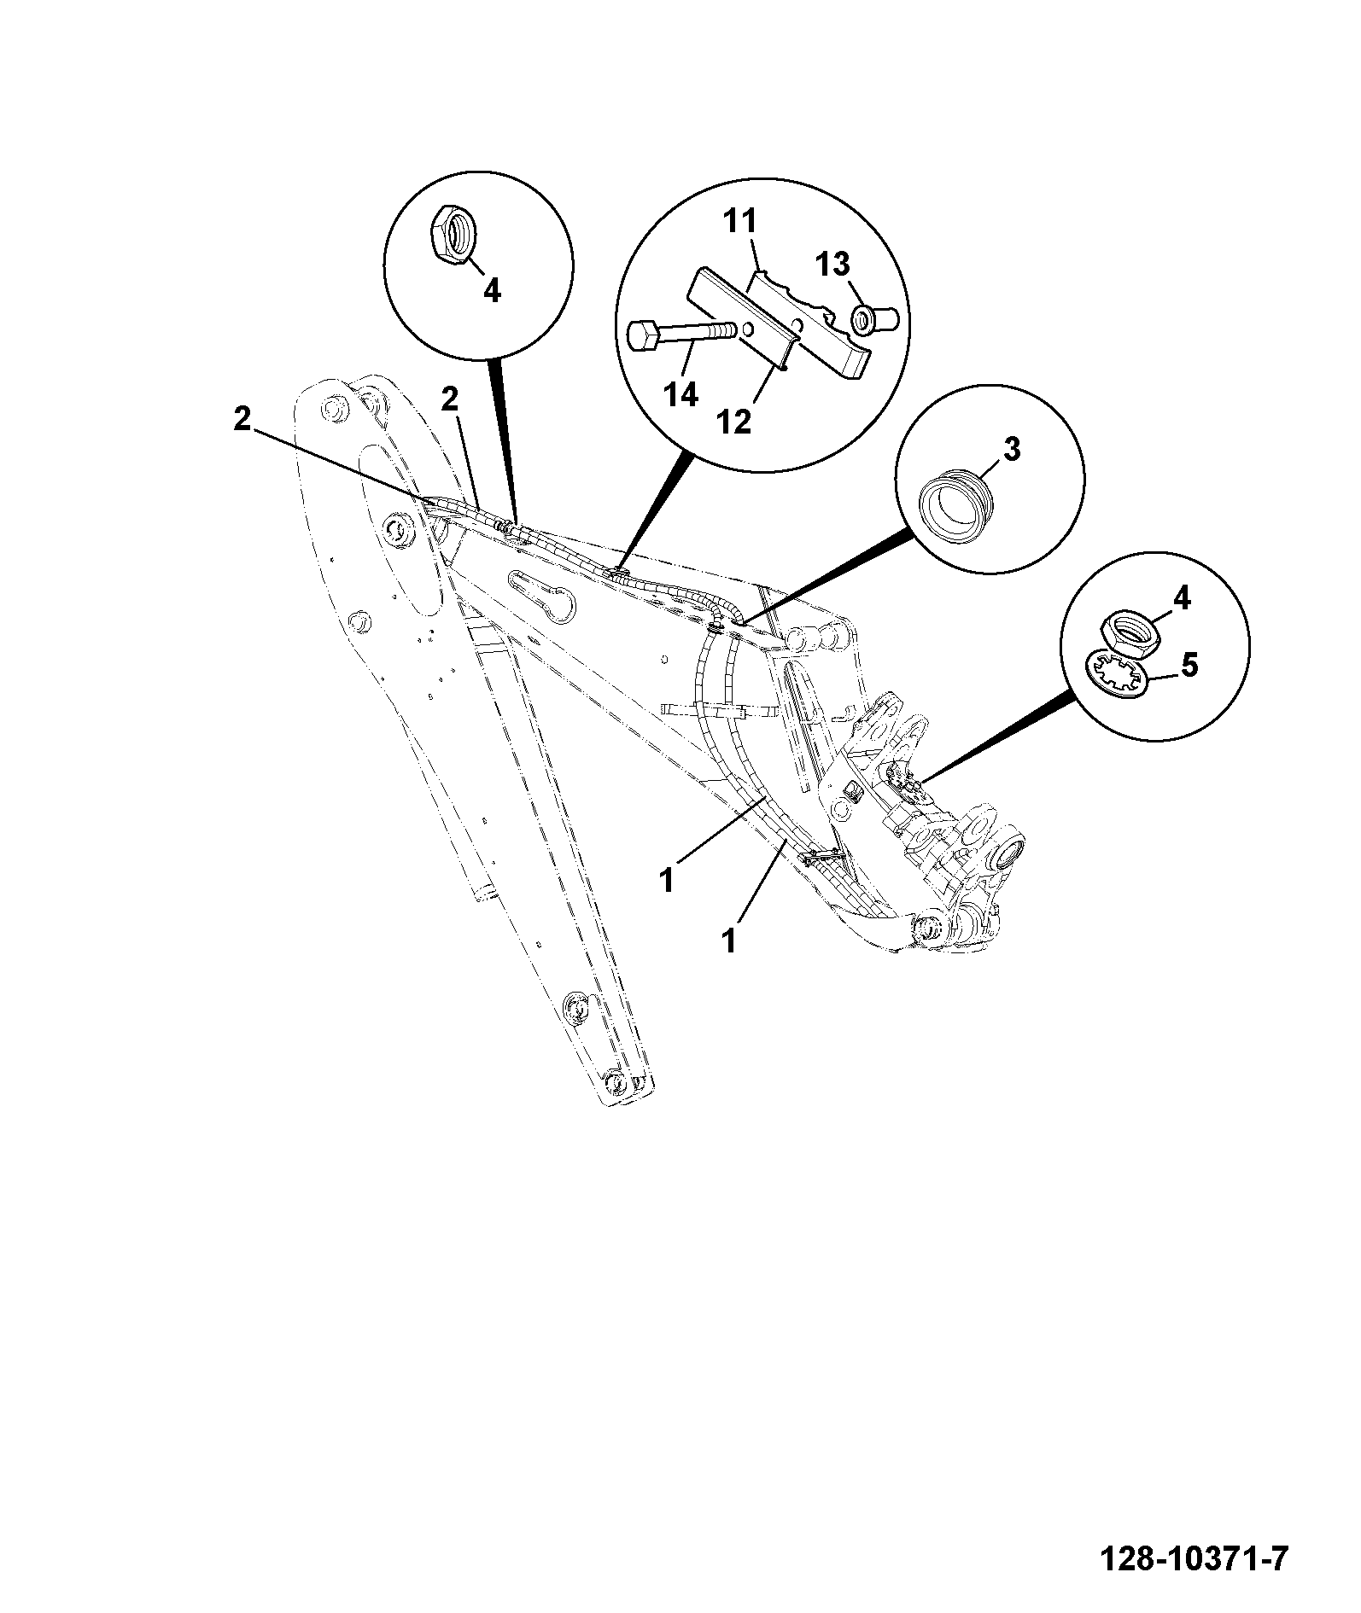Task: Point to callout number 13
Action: pyautogui.click(x=832, y=265)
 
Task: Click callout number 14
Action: pyautogui.click(x=682, y=396)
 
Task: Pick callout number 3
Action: pyautogui.click(x=1011, y=450)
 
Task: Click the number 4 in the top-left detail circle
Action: pyautogui.click(x=492, y=291)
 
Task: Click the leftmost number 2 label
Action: pyautogui.click(x=243, y=419)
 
